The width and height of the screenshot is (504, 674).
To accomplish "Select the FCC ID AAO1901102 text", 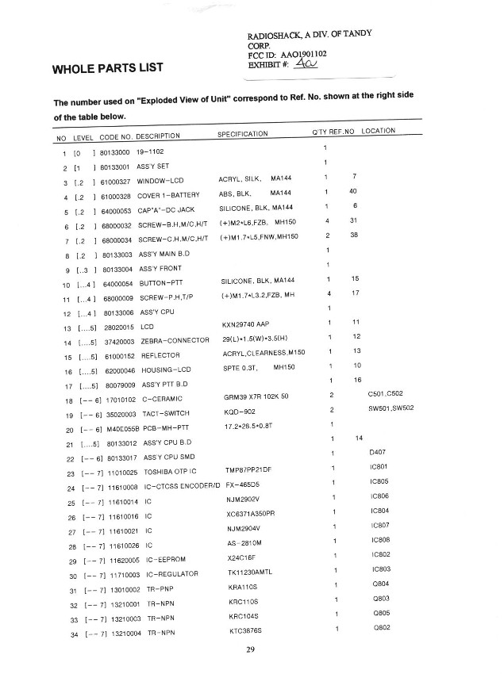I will tap(287, 54).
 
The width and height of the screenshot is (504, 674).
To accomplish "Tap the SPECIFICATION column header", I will tap(243, 134).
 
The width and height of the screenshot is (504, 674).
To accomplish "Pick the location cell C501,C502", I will tap(386, 394).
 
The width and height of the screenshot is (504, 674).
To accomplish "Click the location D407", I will tap(378, 452).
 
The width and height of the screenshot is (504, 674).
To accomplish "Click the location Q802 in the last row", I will tap(381, 628).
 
